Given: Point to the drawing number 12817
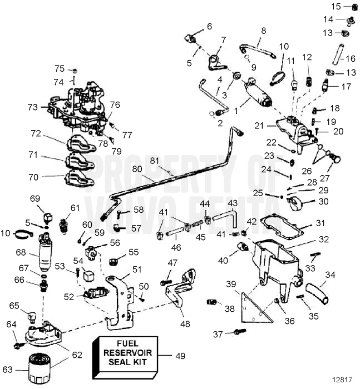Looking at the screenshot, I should [x=343, y=380].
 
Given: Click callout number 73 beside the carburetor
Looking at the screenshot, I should [x=34, y=106].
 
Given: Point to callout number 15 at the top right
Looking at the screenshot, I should [x=336, y=7].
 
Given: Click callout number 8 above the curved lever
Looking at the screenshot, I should [x=263, y=31].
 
